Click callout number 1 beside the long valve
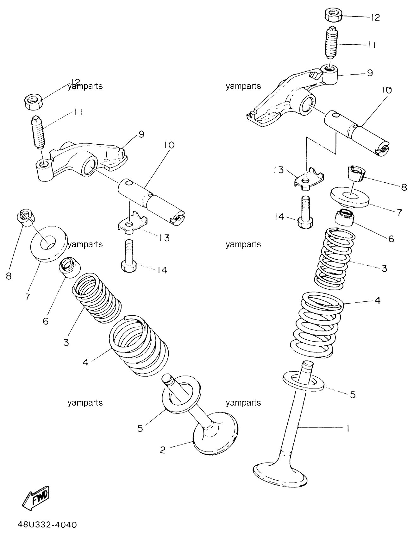pyautogui.click(x=348, y=429)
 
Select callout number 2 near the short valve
pyautogui.click(x=163, y=450)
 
